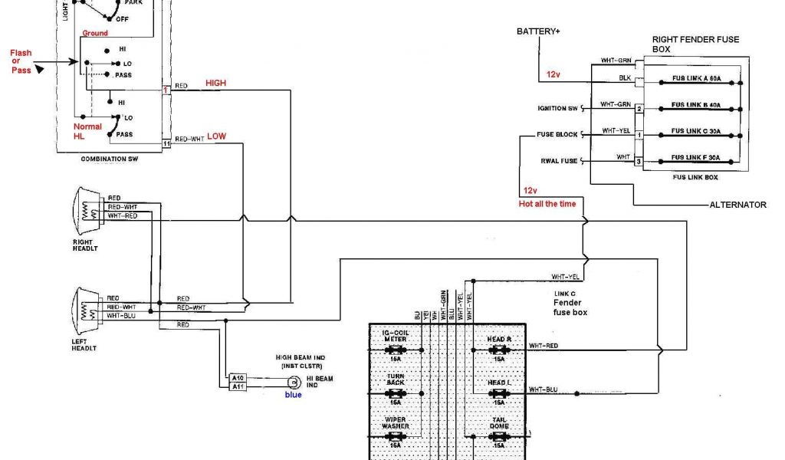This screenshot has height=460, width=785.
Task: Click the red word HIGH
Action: coord(215,82)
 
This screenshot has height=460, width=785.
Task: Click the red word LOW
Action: coord(216,136)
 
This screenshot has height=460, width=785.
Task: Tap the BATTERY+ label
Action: coord(538,31)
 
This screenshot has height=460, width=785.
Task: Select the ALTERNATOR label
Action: coord(737,205)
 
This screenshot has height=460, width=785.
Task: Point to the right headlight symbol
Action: coord(87,209)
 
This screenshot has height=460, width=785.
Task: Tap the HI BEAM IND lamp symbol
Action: coord(291,383)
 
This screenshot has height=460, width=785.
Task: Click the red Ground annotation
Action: coord(95,33)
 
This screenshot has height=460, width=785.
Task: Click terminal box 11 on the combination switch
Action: coord(166,143)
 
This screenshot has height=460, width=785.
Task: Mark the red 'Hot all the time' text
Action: coord(547,204)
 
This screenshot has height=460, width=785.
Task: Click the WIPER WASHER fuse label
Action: coord(396,422)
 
